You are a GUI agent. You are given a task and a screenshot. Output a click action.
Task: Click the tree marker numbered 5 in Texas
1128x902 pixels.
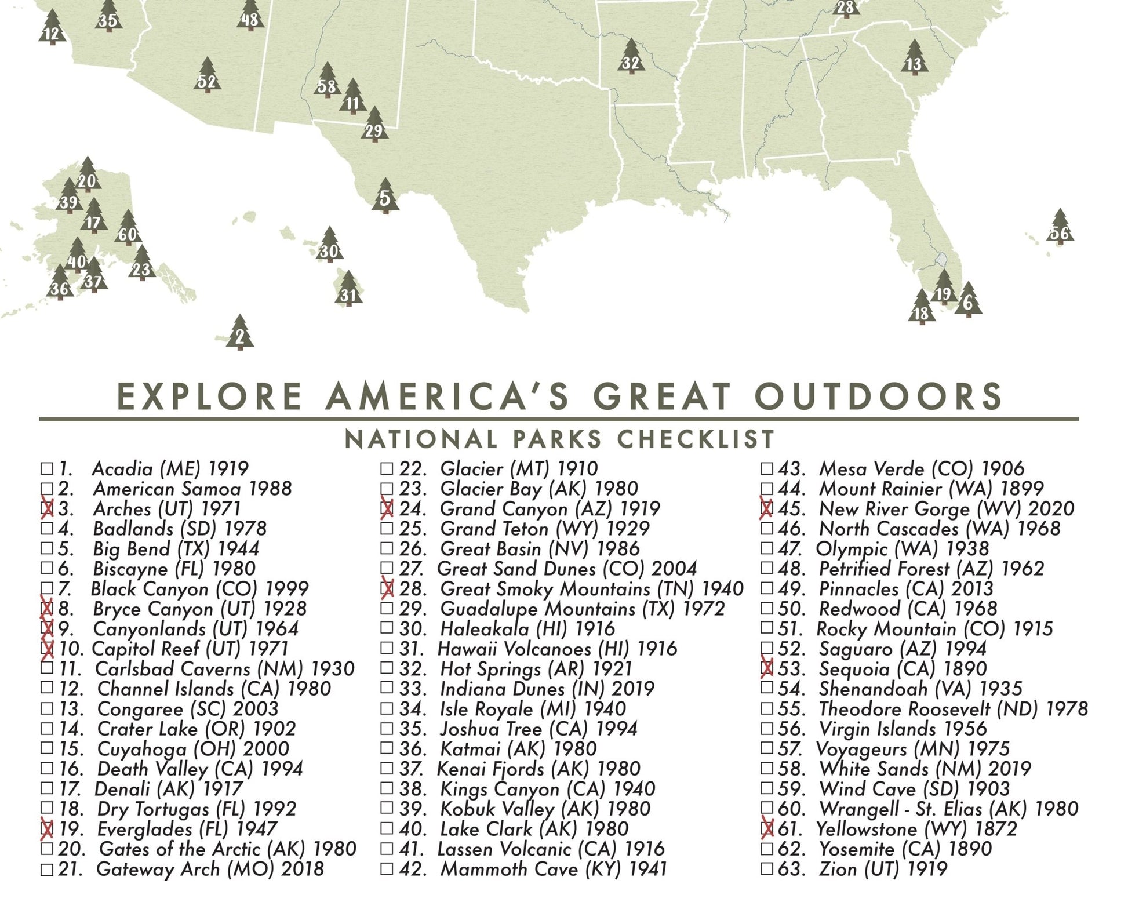(385, 197)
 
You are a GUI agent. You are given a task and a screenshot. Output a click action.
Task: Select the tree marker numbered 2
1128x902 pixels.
(240, 334)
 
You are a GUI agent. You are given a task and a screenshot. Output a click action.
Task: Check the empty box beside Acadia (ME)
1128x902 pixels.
(47, 468)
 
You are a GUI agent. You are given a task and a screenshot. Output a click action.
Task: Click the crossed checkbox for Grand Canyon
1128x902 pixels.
(387, 508)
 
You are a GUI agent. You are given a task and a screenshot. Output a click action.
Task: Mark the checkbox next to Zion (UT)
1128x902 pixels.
(766, 869)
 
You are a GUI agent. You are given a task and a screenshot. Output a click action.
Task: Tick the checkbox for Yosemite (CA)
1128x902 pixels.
(766, 849)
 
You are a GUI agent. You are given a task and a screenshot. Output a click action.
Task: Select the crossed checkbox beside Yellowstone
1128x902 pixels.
(766, 829)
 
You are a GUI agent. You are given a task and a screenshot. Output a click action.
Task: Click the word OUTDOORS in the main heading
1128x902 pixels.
(879, 396)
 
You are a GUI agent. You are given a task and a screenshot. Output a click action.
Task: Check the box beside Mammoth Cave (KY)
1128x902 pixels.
(387, 869)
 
